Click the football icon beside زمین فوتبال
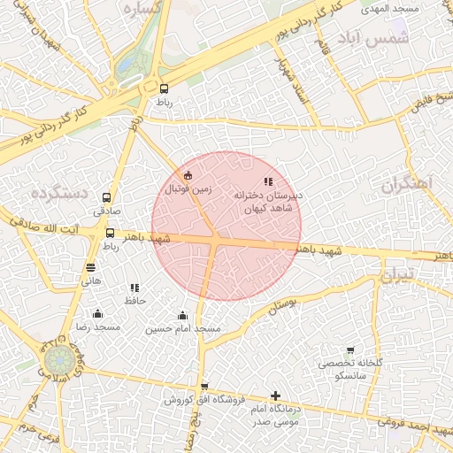click(188, 174)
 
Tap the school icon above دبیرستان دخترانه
click(269, 181)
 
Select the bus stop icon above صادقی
click(107, 198)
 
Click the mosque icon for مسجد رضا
click(97, 314)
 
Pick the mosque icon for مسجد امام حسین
click(183, 316)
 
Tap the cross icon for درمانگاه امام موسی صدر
click(276, 396)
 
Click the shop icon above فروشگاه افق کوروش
click(204, 387)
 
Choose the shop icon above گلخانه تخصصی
click(349, 351)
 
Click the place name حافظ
click(134, 301)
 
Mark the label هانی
click(91, 280)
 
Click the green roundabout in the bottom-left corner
click(60, 363)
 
